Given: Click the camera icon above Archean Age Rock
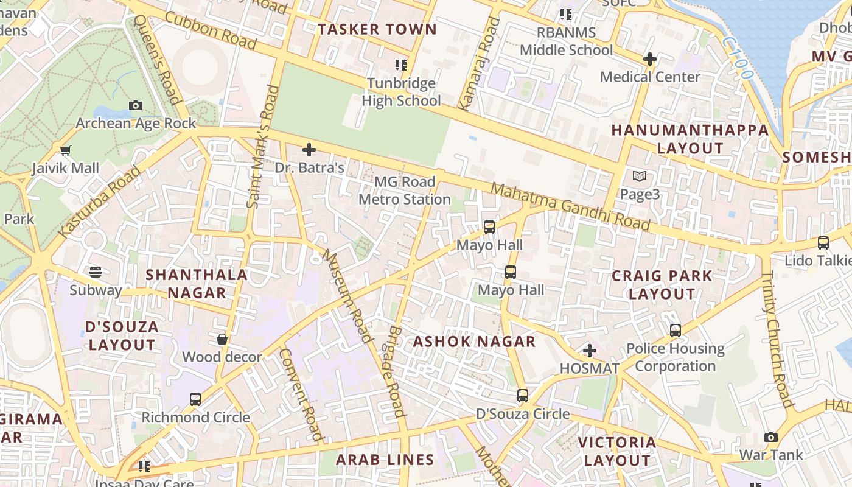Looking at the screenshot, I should coord(136,105).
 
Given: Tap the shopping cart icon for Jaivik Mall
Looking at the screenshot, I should coord(65,150).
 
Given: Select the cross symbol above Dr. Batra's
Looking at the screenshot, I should coord(309,149).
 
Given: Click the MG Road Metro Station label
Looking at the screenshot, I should coord(405,191).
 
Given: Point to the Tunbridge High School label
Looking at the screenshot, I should coord(401,92).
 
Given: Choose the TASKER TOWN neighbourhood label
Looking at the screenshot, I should coord(377,29).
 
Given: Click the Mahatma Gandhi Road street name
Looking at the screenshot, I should coord(570,207).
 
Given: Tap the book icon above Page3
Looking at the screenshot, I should coord(639,177).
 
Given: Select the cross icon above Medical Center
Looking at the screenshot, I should coord(650,59).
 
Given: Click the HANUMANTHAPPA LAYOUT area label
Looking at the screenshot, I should coord(690,139).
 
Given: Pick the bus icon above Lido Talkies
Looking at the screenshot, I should coord(823,242).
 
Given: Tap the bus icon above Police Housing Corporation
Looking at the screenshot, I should coord(676,331).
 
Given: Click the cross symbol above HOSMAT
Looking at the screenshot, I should coord(589,351).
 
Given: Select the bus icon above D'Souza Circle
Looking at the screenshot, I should coord(522,396).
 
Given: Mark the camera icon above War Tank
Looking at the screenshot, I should coord(771,437).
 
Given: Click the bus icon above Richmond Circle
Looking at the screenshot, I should coord(195,399).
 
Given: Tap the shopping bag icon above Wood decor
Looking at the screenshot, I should coord(222,339).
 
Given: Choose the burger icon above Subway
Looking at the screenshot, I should coord(96,272).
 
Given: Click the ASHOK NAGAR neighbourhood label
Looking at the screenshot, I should coord(474,342).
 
